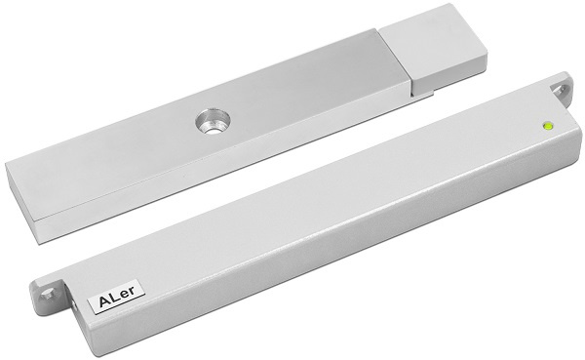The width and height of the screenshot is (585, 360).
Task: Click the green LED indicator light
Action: (548, 126)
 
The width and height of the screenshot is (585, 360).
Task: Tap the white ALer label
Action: (116, 297)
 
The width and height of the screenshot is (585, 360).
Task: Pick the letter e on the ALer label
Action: (127, 295)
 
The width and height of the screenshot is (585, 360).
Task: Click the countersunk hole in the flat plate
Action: (213, 122)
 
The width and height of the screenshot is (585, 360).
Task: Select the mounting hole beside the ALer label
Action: (48, 294)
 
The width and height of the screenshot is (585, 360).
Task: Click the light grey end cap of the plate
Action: (434, 49)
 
